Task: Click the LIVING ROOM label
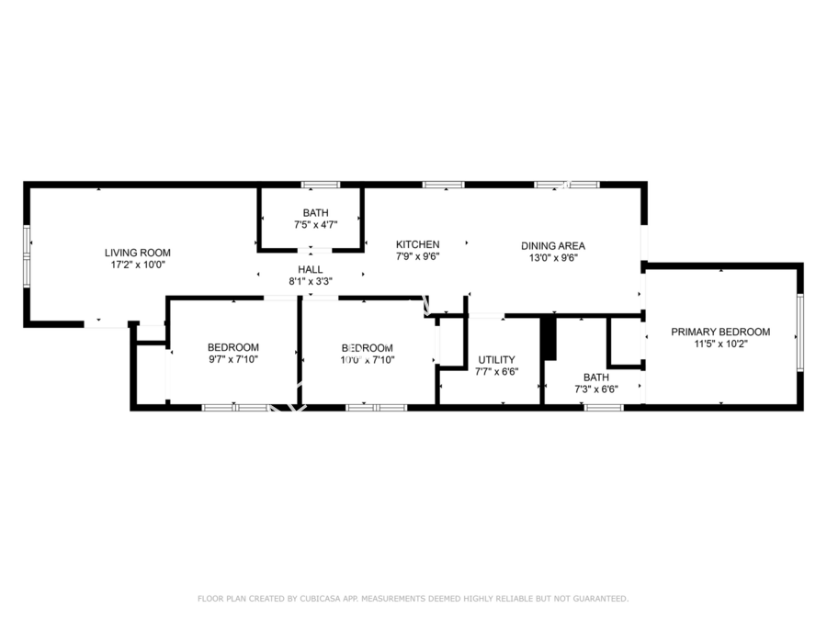tap(137, 253)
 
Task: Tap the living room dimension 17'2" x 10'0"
tap(137, 265)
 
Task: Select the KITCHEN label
tap(417, 244)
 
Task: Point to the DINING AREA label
tap(552, 245)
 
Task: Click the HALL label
tap(310, 269)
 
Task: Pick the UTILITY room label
tap(496, 359)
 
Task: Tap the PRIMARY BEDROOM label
tap(720, 332)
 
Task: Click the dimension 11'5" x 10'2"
tap(720, 344)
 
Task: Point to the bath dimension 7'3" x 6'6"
tap(595, 389)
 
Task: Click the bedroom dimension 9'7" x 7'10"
tap(233, 359)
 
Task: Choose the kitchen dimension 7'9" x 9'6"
tap(417, 256)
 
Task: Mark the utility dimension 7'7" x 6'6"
tap(496, 371)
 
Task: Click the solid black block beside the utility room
tap(549, 339)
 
